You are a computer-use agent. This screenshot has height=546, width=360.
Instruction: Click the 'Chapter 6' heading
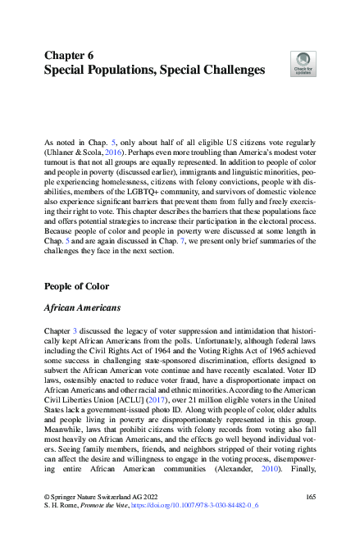click(69, 55)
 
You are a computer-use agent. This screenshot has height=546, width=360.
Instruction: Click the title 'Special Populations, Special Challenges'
click(154, 71)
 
